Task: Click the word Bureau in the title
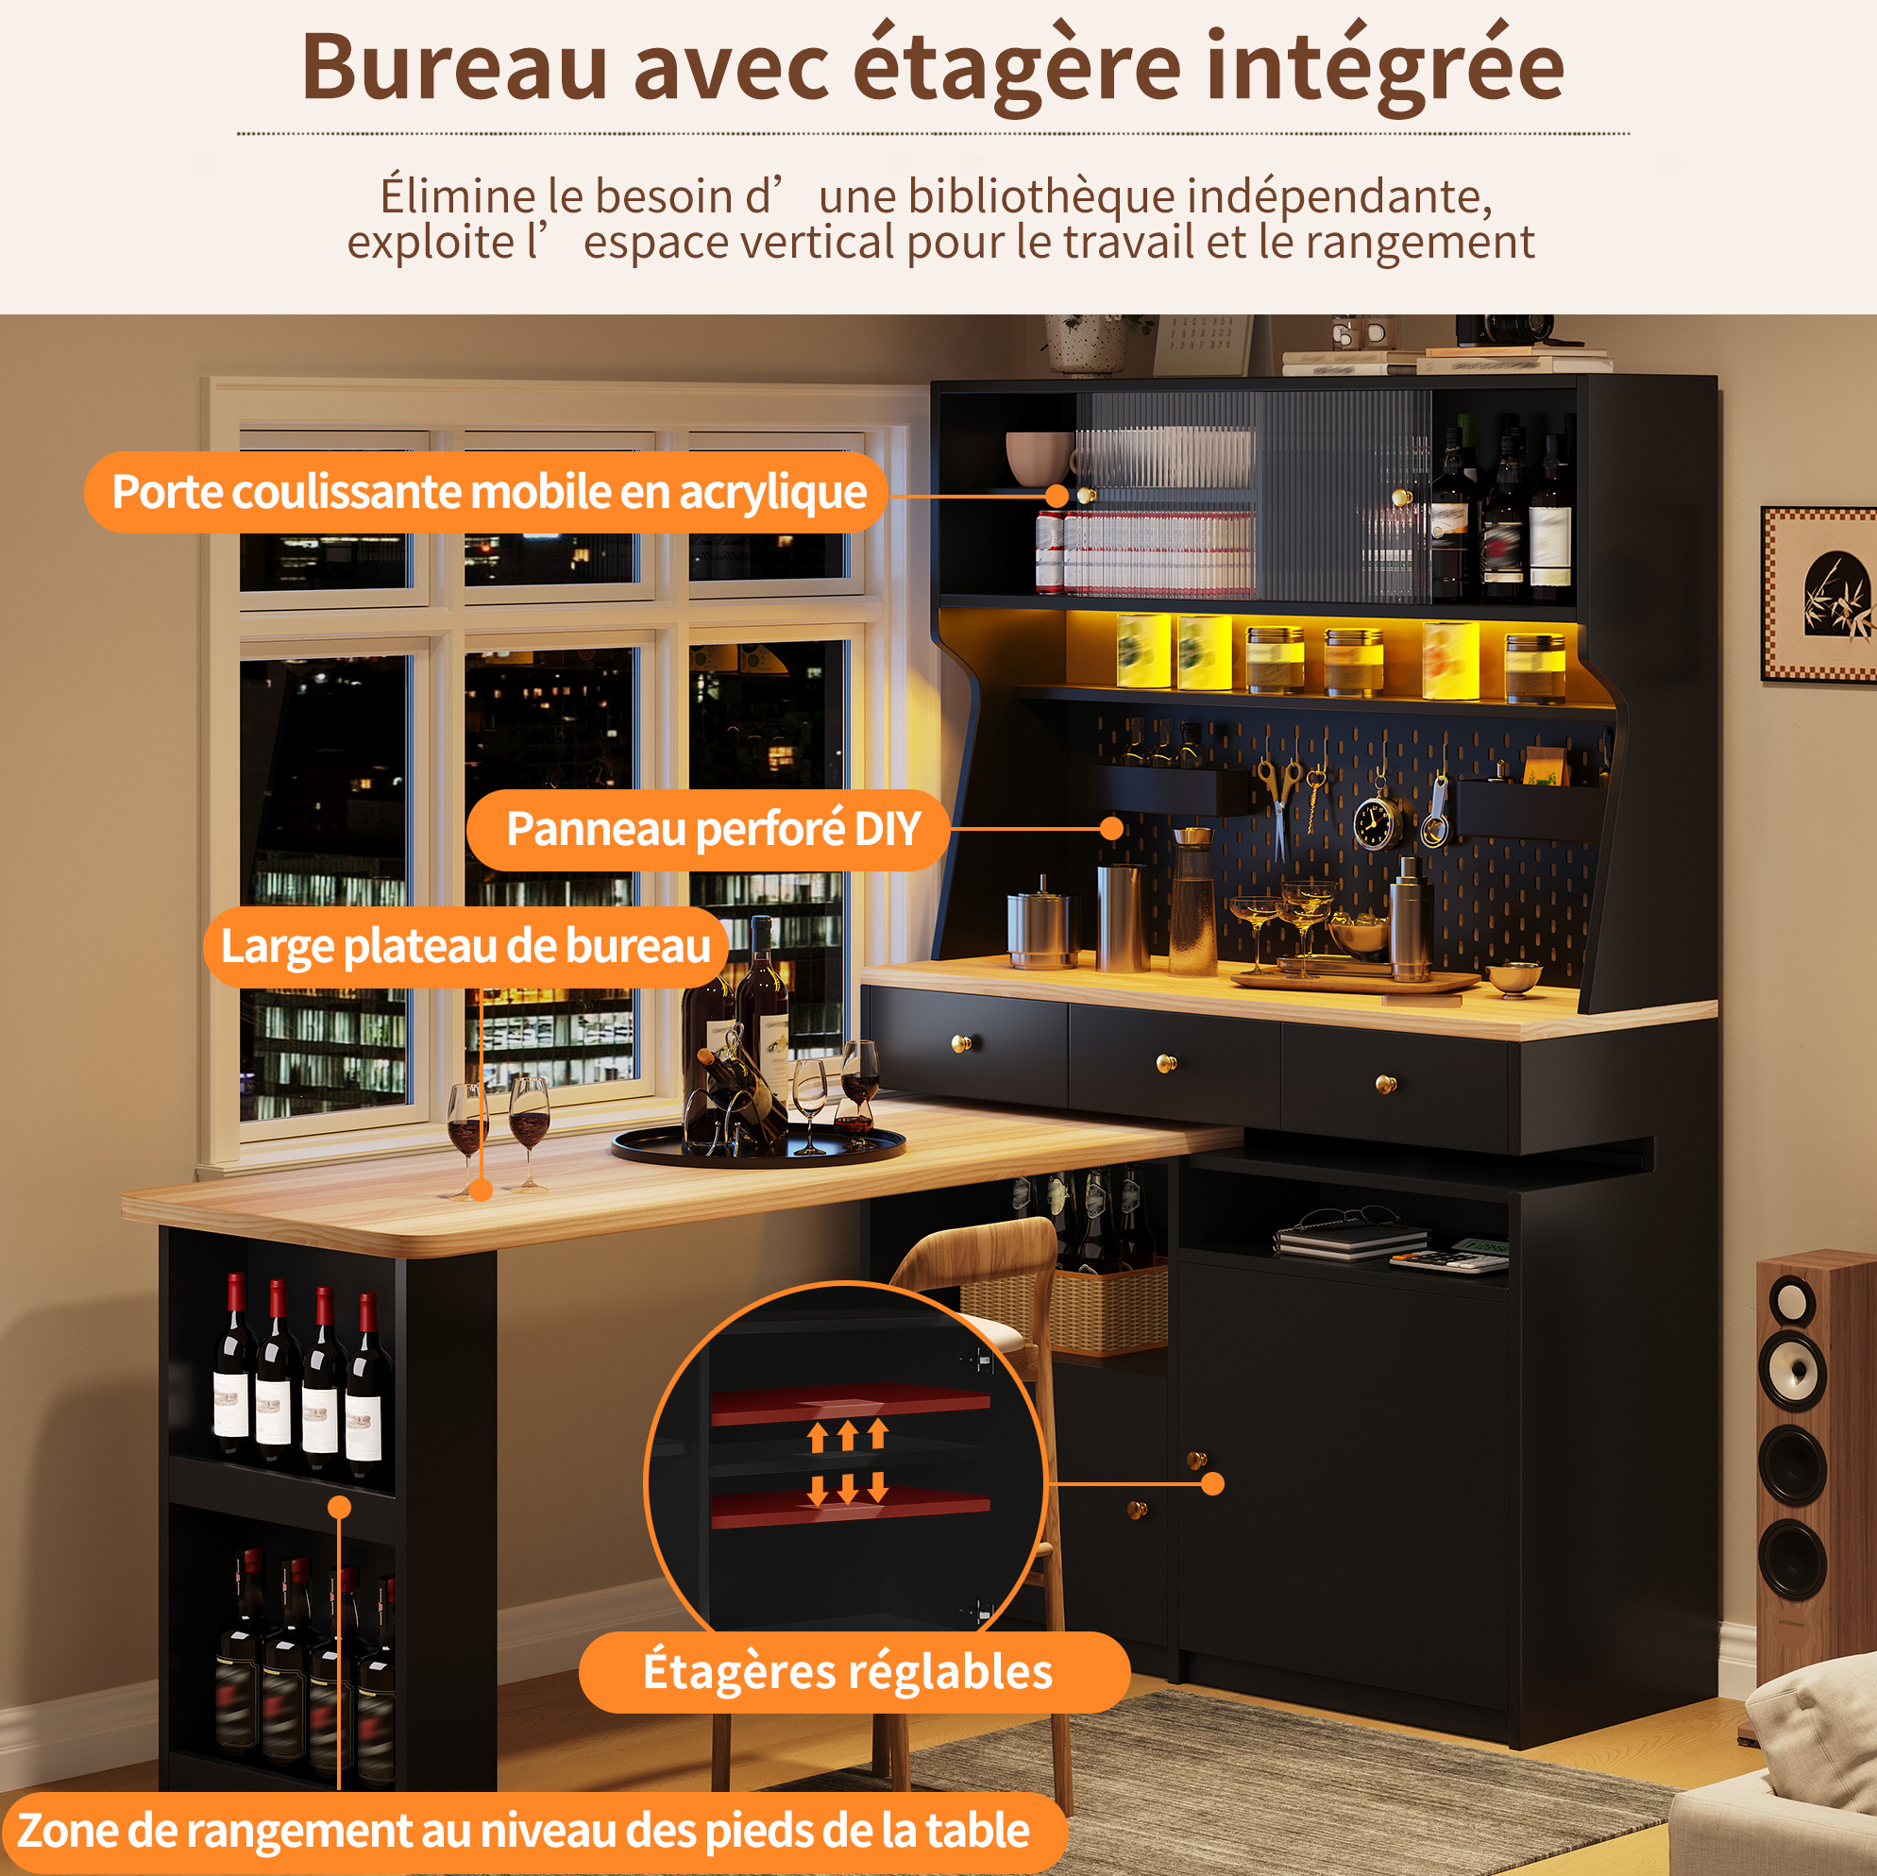455,68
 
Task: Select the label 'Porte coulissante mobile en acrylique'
489,492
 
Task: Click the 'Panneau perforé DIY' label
712,829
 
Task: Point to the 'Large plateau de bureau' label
466,946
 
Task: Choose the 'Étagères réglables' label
848,1672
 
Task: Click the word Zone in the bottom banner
66,1831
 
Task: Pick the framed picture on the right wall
1818,593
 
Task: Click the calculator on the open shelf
1450,1254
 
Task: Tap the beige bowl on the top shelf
1040,458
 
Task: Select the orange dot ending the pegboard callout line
1112,829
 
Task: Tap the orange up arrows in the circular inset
848,1434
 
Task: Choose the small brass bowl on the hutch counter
1513,978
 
